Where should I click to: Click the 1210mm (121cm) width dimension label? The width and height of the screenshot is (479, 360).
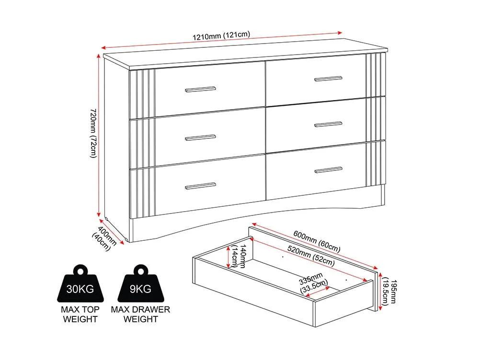coord(221,35)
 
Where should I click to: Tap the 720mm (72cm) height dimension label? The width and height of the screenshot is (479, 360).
coord(93,133)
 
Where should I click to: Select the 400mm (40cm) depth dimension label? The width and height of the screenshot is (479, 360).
coord(104,238)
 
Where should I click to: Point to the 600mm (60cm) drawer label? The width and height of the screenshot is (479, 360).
coord(317,242)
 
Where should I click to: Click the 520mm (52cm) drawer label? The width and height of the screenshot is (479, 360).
coord(311,256)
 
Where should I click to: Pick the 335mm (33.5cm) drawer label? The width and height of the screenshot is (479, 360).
coord(313,283)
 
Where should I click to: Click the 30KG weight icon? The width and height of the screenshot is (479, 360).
coord(80,283)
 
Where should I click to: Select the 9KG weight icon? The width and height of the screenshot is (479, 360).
coord(140,283)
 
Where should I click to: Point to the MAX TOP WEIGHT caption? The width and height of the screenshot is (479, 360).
coord(80,314)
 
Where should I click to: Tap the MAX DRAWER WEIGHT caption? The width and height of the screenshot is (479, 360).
coord(140,314)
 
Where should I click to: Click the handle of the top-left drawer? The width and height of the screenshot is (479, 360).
coord(200,89)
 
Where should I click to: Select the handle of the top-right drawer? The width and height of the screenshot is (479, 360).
coord(329,79)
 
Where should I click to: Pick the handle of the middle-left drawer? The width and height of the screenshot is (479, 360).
coord(200,138)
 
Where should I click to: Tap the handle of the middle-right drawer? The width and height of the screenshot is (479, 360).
coord(329,124)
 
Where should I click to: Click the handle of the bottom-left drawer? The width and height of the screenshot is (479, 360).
coord(200,186)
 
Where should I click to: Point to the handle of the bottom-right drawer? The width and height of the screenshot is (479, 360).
coord(329,170)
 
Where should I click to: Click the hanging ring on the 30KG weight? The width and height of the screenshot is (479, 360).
coord(80,270)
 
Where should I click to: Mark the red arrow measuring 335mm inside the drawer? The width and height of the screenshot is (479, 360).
coord(317,291)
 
